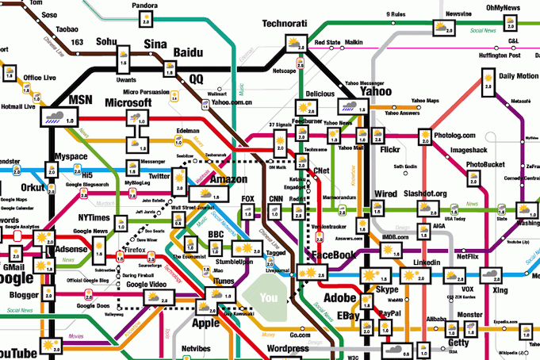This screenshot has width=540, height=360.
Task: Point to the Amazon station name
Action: tap(229, 179)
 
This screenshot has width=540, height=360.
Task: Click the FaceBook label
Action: tap(332, 255)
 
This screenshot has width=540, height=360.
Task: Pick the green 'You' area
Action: tap(270, 298)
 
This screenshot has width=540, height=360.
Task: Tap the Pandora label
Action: tap(145, 6)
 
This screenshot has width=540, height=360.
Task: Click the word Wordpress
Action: tap(287, 348)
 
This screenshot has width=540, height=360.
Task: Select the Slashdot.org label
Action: tap(425, 194)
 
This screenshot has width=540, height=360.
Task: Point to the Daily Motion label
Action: tap(519, 76)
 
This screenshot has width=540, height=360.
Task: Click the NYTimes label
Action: tap(94, 217)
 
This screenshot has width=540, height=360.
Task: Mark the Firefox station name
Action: tap(135, 250)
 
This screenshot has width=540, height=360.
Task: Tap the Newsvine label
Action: tap(461, 14)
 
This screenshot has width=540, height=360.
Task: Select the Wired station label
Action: tap(385, 194)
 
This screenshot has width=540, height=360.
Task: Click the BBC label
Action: tap(216, 235)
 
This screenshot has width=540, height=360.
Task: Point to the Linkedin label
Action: tap(427, 262)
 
